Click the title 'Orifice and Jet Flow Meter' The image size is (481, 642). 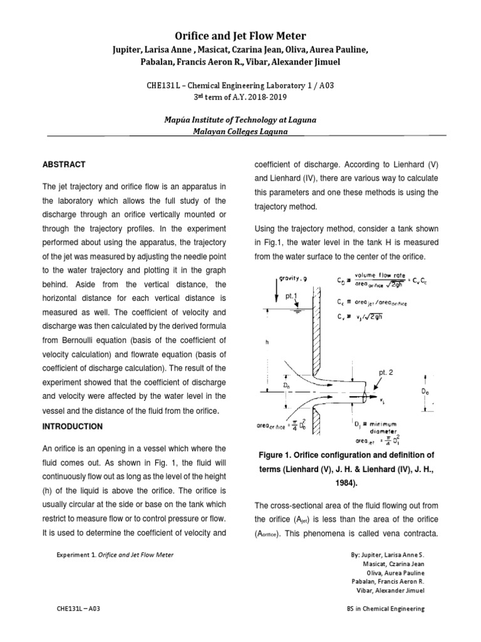click(x=240, y=36)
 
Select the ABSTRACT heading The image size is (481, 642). click(x=63, y=164)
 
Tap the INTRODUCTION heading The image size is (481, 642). click(x=72, y=426)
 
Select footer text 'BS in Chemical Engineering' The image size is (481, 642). click(x=385, y=608)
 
